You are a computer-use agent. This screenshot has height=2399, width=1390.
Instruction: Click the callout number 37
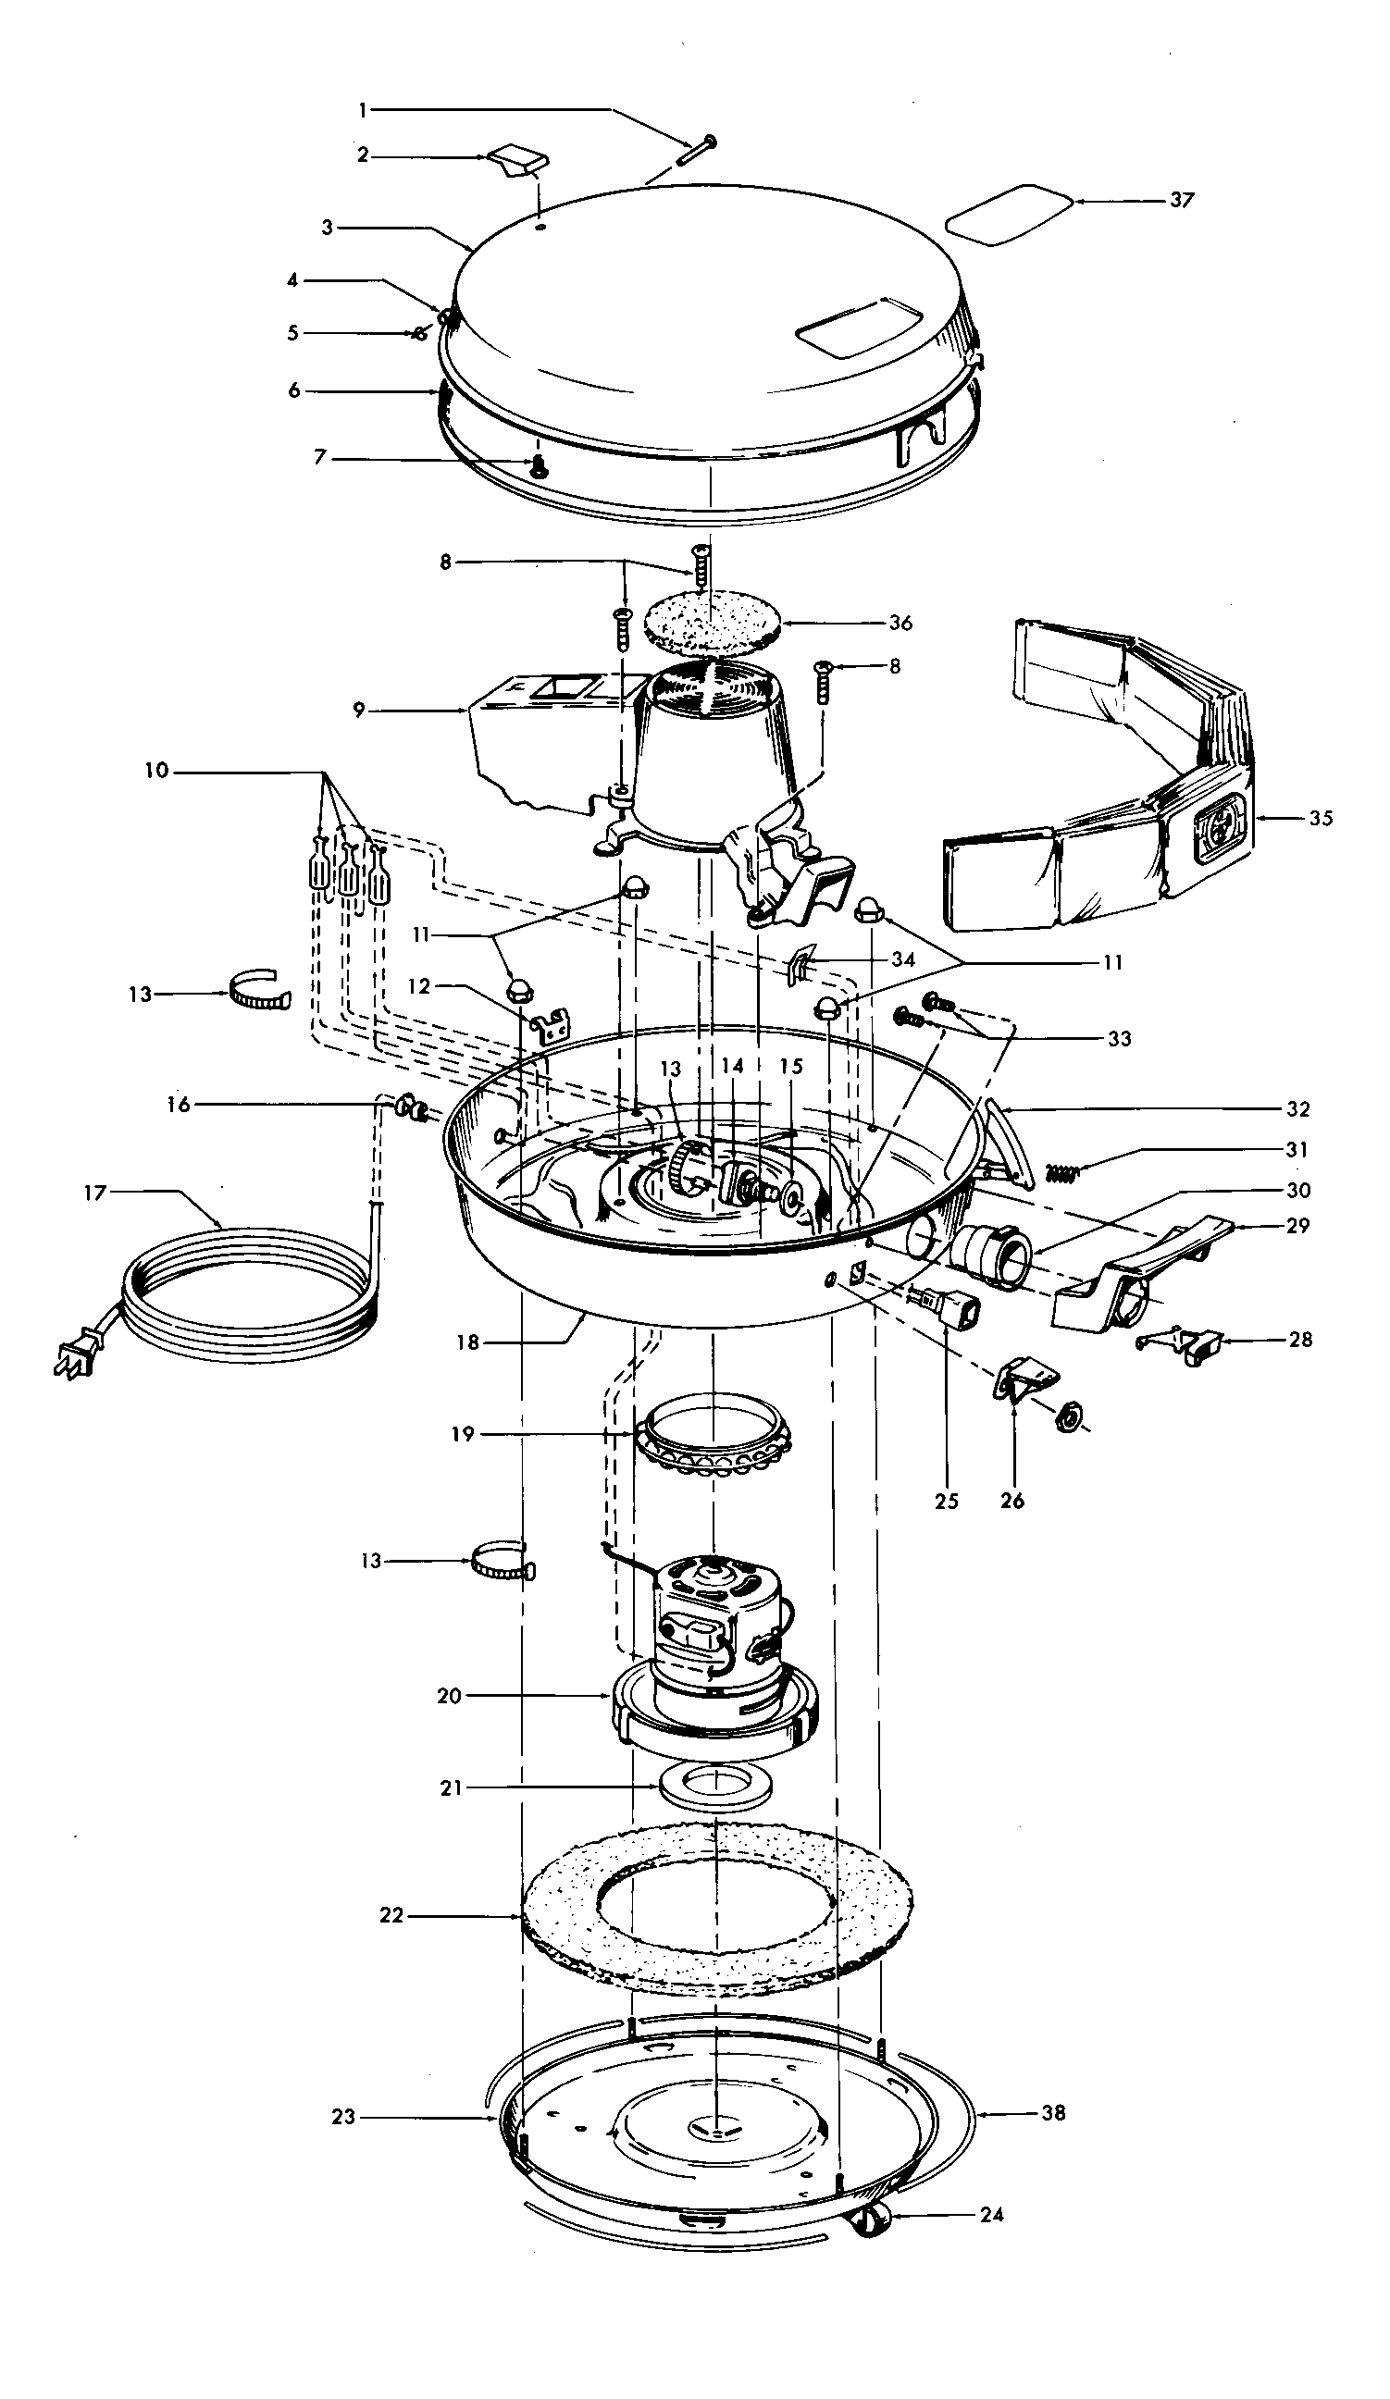[x=1181, y=200]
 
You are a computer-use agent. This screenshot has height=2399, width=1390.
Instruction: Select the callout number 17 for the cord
[x=94, y=1193]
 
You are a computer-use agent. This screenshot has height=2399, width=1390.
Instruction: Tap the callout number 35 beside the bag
[x=1321, y=818]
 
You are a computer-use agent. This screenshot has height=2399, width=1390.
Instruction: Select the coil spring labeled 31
[x=1063, y=1173]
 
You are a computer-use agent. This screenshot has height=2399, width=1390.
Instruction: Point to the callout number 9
[x=359, y=711]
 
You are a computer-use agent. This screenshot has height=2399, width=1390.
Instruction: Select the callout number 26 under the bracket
[x=1012, y=1502]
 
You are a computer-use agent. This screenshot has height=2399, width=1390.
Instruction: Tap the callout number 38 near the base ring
[x=1053, y=2113]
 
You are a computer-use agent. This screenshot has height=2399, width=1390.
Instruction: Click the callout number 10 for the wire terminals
[x=156, y=770]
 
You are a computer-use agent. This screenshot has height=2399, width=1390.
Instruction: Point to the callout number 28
[x=1299, y=1340]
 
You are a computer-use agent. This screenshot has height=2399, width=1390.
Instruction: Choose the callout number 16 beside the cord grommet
[x=178, y=1105]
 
